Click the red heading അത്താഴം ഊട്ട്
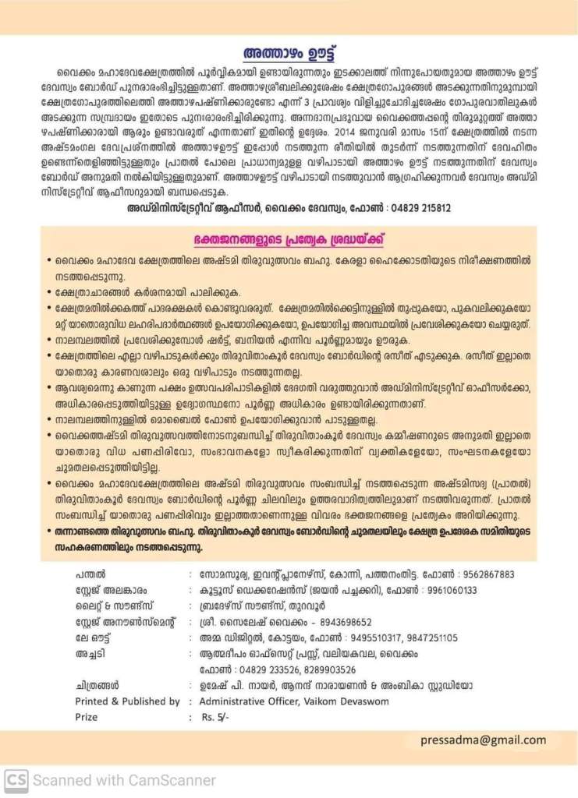[289, 54]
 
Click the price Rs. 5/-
[216, 717]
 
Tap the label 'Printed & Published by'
[127, 701]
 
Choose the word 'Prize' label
[87, 717]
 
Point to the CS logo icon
[16, 779]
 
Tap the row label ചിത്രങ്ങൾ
[98, 686]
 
